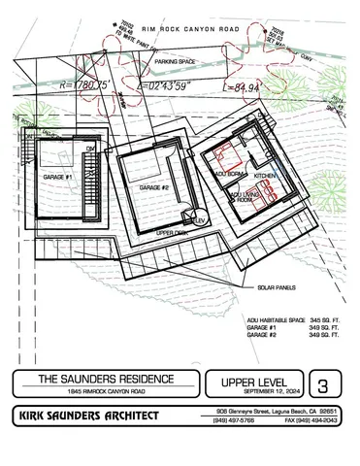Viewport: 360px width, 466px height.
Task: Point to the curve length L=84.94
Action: tap(245, 87)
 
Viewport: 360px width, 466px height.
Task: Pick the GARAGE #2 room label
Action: tap(155, 186)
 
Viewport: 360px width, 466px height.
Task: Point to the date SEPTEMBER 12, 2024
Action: tap(252, 392)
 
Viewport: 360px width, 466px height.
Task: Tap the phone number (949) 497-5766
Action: tap(235, 420)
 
